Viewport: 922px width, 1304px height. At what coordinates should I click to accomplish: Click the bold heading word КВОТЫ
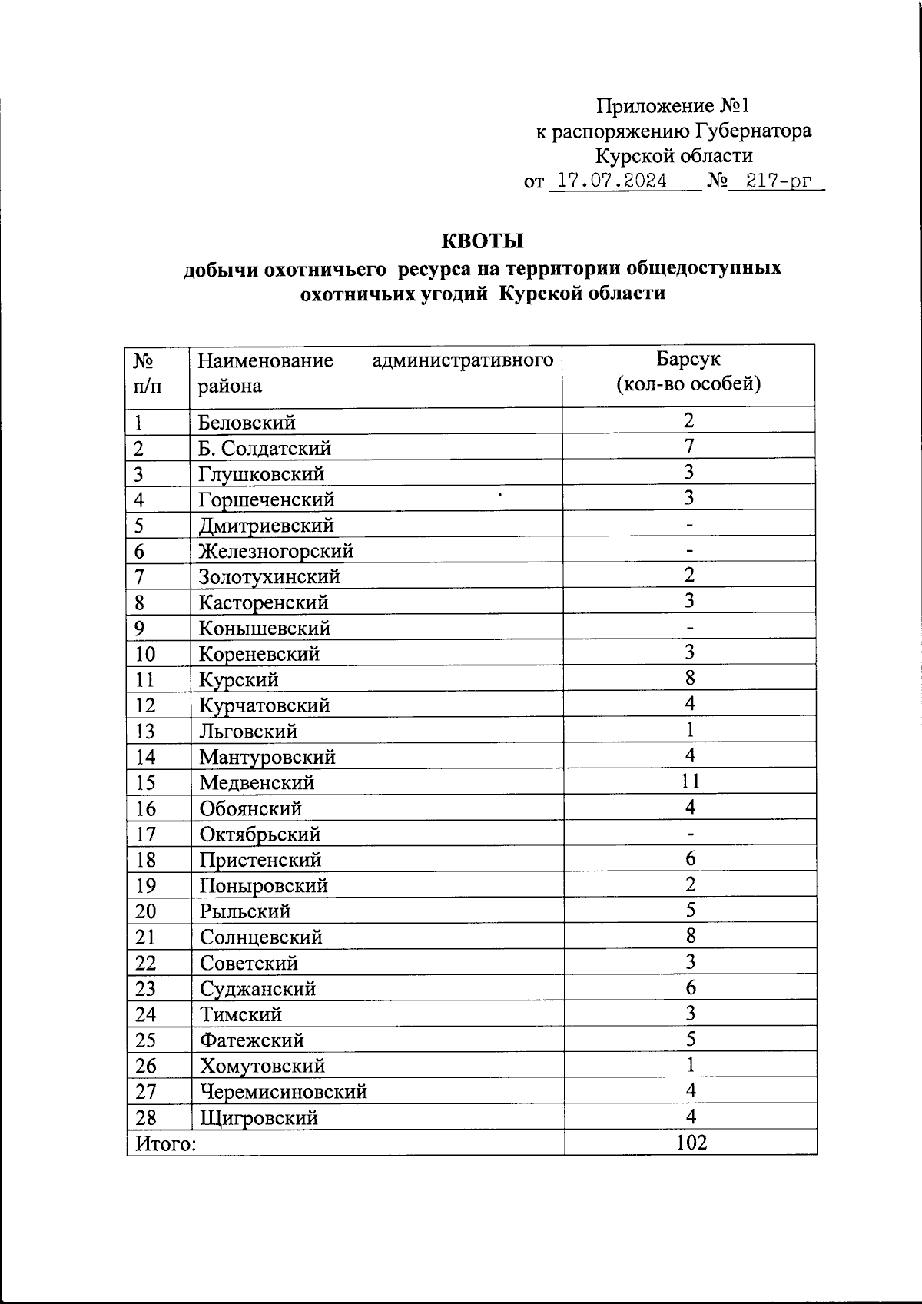pos(482,241)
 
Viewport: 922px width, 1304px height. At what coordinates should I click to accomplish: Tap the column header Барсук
pos(688,359)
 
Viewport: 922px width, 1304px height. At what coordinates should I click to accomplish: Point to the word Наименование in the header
pos(265,360)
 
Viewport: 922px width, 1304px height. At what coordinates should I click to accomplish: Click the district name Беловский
pos(247,423)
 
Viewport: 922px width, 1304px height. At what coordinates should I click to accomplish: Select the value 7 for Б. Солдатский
pos(689,446)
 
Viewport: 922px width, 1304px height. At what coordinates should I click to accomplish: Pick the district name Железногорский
pos(276,551)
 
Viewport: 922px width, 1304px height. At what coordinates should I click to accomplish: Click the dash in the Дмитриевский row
pos(690,525)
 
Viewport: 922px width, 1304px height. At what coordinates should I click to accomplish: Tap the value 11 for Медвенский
pos(690,781)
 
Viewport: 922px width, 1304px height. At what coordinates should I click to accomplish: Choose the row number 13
pos(145,732)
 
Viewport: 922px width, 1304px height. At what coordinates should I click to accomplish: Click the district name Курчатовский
pos(264,705)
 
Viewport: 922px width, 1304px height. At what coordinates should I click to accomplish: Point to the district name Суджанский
pos(257,989)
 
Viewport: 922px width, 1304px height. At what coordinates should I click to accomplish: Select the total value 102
pos(691,1143)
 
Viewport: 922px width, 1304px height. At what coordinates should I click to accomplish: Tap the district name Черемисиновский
pos(283,1092)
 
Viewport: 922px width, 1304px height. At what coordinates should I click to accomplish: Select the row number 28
pos(146,1118)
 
